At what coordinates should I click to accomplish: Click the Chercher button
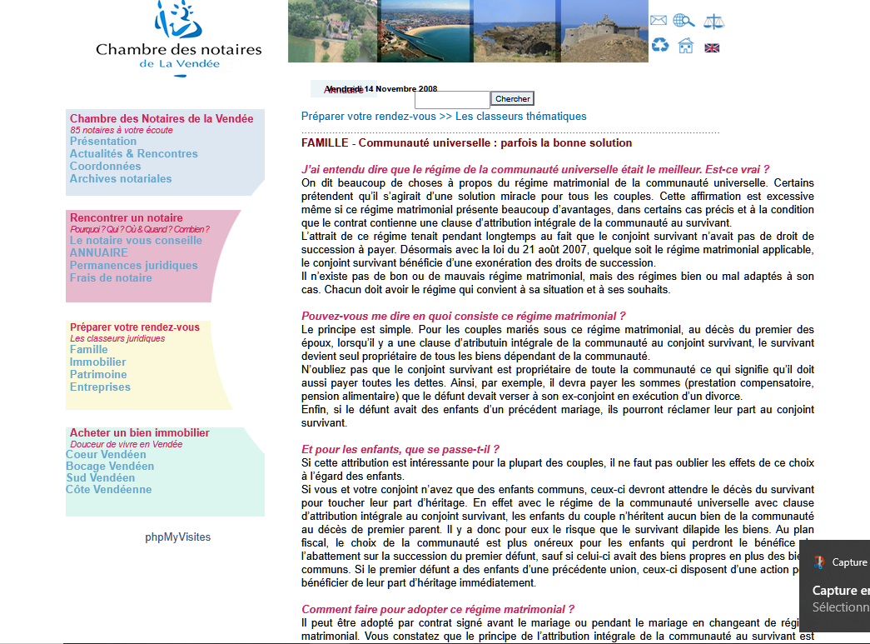512,99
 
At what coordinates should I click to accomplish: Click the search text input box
452,100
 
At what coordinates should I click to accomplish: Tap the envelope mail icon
659,21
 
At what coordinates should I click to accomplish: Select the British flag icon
712,47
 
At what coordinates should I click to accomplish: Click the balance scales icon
713,21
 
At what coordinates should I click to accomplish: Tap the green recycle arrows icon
659,45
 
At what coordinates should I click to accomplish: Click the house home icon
685,45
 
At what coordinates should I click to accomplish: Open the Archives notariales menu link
121,178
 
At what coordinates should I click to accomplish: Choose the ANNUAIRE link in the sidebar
99,252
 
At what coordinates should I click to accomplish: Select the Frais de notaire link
111,277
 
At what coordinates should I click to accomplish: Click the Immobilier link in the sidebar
97,362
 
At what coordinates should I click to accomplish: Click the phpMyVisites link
178,537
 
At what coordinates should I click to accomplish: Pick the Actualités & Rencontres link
134,153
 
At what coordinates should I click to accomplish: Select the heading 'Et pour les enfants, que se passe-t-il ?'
400,448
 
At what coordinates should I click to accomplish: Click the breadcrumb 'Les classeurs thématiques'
520,117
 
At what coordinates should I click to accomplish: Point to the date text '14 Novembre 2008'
400,89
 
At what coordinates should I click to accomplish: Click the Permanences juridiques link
134,265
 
